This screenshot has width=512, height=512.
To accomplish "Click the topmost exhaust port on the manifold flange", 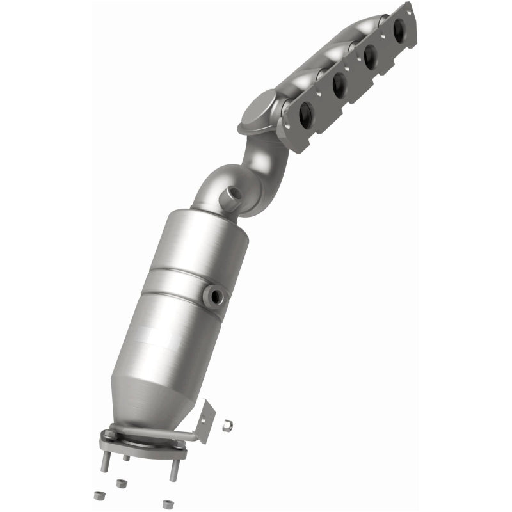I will pyautogui.click(x=400, y=30).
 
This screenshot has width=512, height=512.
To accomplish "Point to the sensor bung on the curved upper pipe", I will pyautogui.click(x=231, y=195).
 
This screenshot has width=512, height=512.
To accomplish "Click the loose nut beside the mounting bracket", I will pyautogui.click(x=227, y=425).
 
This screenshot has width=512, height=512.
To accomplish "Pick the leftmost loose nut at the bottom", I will pyautogui.click(x=98, y=495).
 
